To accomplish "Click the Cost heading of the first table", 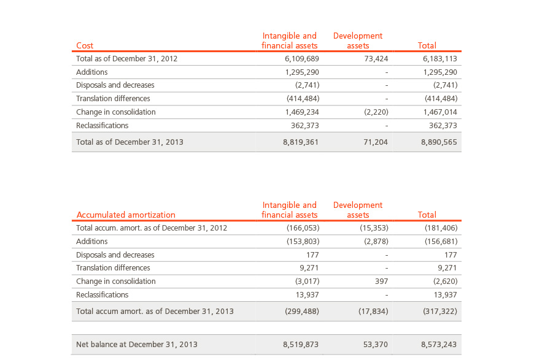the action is coord(85,45).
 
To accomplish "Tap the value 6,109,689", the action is coord(302,58).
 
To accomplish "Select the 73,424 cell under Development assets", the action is coord(376,58).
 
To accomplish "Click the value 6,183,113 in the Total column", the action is coord(439,58).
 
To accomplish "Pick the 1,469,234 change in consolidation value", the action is coord(302,112).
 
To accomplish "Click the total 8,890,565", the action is coord(439,142).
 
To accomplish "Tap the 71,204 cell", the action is coord(376,142).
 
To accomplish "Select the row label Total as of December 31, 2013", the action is coord(130,142).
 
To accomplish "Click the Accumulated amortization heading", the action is coord(126,215).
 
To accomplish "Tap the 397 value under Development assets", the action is coord(381,281).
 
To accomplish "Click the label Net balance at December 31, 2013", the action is coord(136,344).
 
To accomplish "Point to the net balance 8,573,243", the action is coord(439,344).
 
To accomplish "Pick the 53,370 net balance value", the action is coord(375,344).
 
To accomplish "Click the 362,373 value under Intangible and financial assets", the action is coord(305,126).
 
